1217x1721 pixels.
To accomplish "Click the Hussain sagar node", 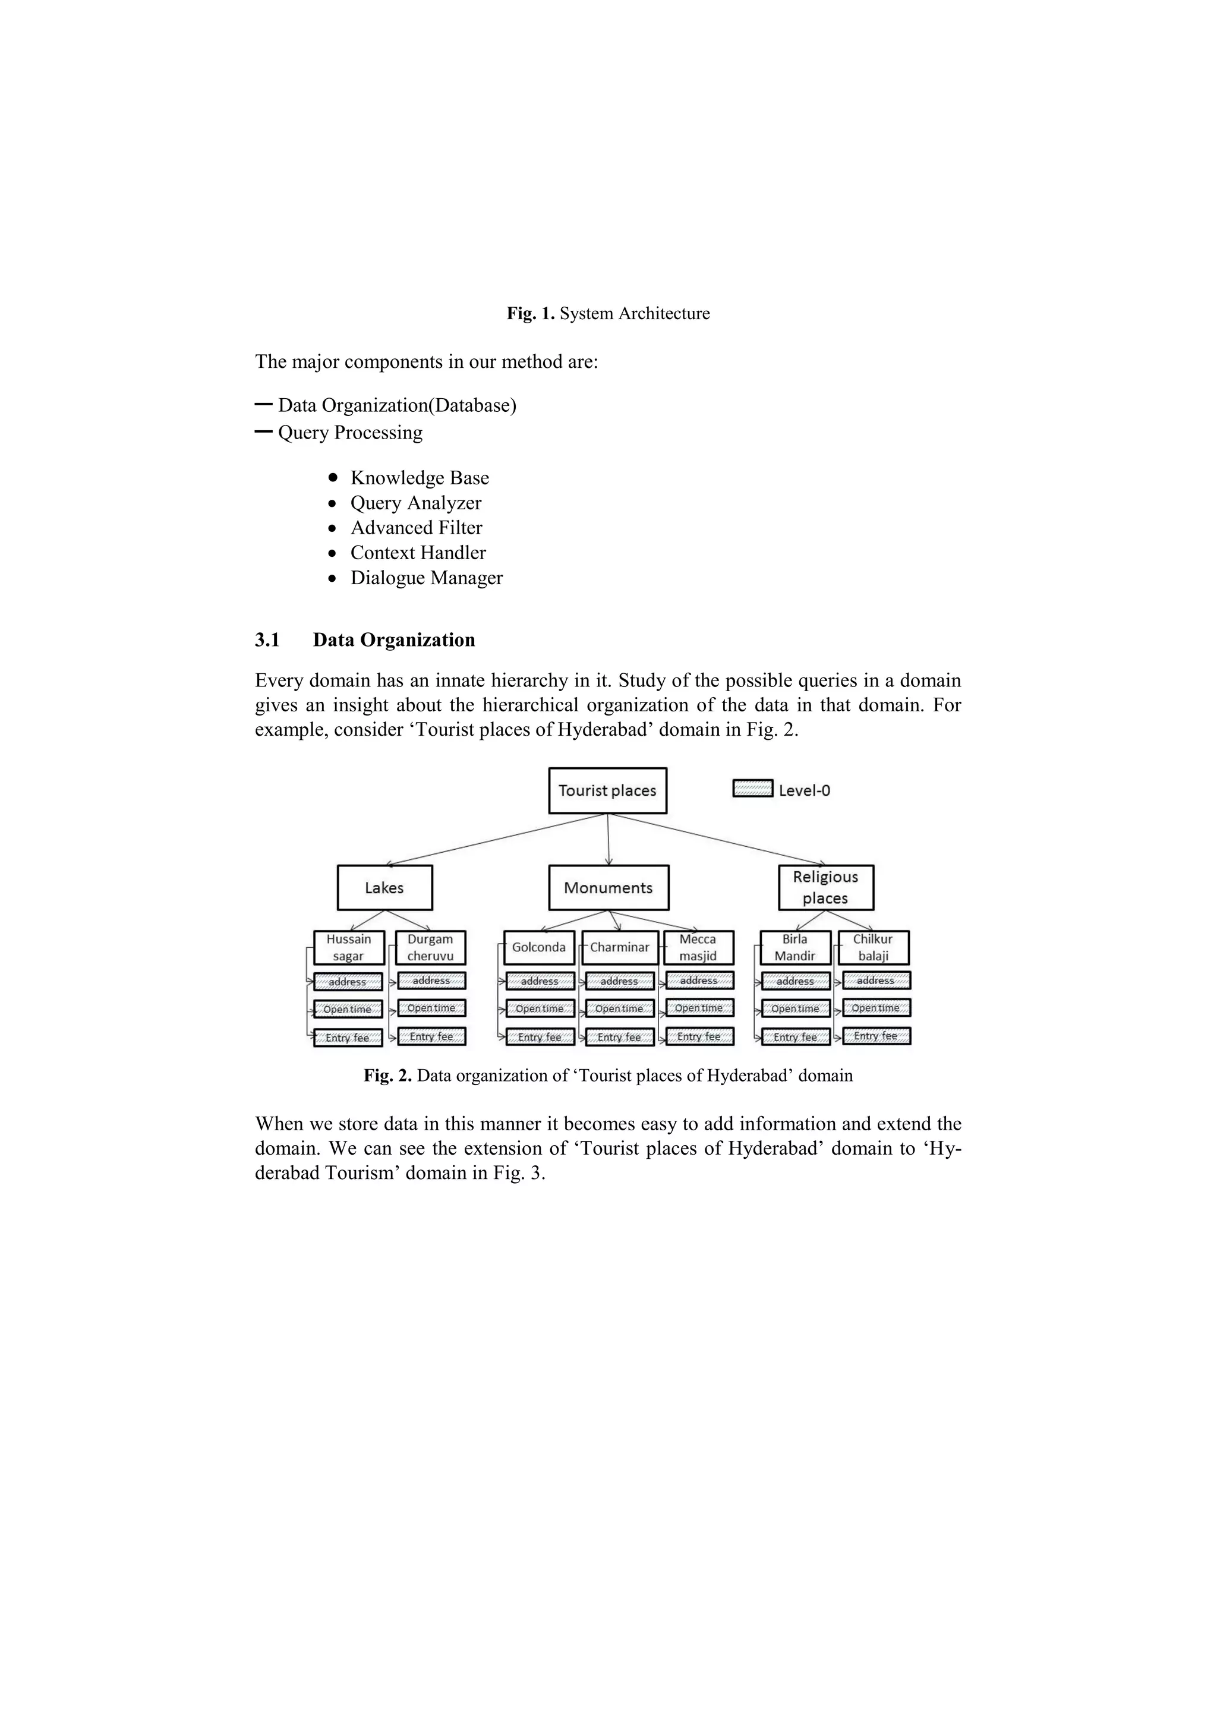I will click(x=348, y=947).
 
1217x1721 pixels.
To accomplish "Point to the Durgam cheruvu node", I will click(x=430, y=947).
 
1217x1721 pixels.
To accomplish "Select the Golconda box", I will click(x=539, y=947).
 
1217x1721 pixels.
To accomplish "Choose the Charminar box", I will click(x=619, y=947).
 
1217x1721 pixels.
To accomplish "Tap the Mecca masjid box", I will click(x=698, y=947).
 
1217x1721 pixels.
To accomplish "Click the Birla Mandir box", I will click(x=794, y=947).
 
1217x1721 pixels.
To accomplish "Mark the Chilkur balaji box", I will click(x=873, y=947).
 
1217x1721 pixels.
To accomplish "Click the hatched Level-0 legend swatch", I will click(x=752, y=789).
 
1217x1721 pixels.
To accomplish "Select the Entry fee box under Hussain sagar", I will click(x=348, y=1038).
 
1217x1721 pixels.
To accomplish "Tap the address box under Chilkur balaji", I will click(x=875, y=981).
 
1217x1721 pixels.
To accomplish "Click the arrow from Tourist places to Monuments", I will click(x=608, y=840).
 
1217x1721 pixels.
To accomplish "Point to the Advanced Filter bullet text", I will click(x=416, y=528).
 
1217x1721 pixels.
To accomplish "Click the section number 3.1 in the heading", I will click(x=267, y=639).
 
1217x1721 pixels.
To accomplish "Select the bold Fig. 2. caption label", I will click(x=387, y=1076).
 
